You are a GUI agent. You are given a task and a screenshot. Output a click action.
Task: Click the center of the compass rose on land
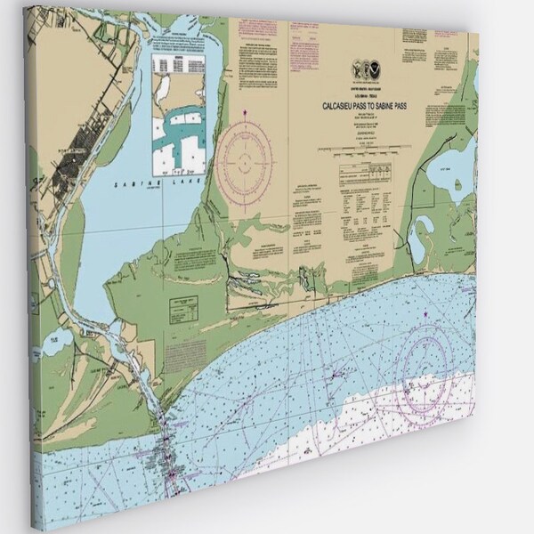[x=245, y=159]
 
